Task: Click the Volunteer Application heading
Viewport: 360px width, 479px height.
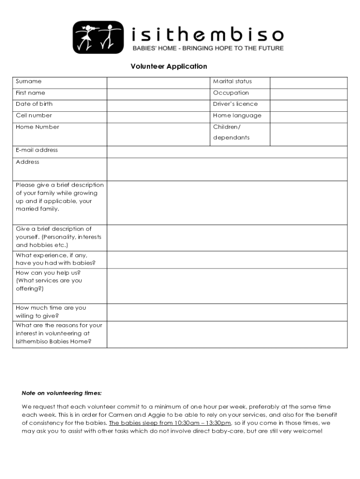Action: (x=169, y=66)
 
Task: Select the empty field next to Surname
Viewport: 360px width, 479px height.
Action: (x=158, y=82)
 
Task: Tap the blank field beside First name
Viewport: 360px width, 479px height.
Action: (x=158, y=94)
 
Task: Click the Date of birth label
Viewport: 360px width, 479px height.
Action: (x=34, y=104)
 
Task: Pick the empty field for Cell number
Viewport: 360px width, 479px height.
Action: (x=158, y=116)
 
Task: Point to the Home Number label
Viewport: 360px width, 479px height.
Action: (x=37, y=127)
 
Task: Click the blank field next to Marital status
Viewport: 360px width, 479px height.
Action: (x=308, y=82)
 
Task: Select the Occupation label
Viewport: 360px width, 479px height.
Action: (x=231, y=93)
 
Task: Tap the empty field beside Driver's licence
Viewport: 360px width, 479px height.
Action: (x=308, y=105)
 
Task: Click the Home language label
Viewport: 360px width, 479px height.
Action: (x=237, y=116)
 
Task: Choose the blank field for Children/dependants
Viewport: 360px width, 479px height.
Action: (x=308, y=134)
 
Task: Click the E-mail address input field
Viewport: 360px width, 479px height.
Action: (x=227, y=152)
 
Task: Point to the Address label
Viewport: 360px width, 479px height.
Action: (x=28, y=162)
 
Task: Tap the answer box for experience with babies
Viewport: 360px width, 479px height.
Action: (x=227, y=260)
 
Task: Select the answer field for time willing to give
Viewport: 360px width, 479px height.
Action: (x=227, y=312)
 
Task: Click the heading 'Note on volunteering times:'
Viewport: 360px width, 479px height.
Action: (x=61, y=393)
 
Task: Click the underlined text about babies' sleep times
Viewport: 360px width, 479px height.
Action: (x=170, y=423)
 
